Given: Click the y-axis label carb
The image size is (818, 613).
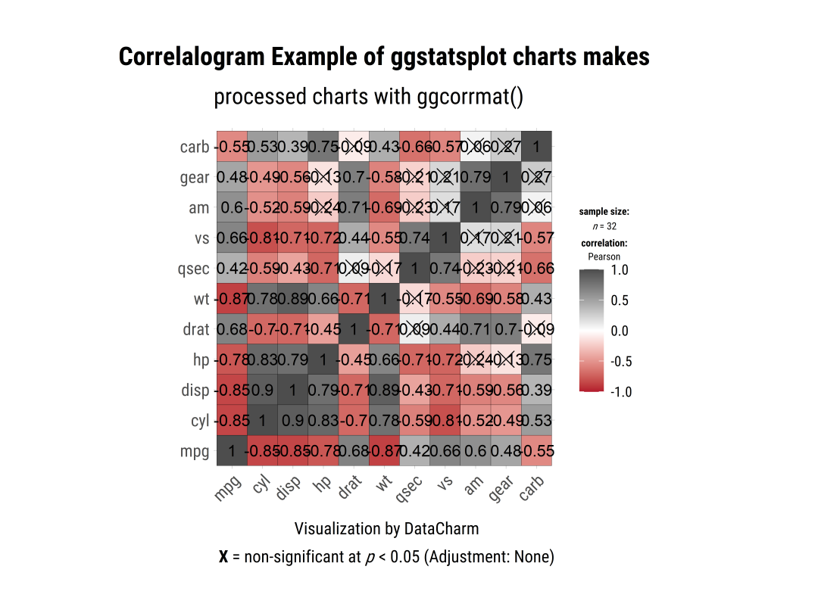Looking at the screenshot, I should [195, 147].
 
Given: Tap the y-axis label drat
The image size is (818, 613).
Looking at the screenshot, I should [195, 329].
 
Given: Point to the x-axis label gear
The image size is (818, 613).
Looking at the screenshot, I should [501, 490].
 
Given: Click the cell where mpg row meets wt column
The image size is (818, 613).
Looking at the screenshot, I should [384, 452].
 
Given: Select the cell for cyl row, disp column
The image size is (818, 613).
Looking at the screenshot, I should [292, 421].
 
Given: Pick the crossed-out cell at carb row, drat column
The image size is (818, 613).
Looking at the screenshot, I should [354, 147].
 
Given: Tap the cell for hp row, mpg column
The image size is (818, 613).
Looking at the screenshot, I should [232, 360].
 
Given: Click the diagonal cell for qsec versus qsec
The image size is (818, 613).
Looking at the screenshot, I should [414, 269].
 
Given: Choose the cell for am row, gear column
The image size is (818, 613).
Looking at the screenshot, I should [506, 207].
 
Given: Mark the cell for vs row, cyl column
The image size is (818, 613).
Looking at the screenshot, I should [262, 238].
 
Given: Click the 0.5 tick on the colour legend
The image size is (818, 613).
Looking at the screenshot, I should [620, 300].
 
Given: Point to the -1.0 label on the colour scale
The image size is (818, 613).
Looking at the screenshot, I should [620, 392].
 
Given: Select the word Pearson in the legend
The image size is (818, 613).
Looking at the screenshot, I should [604, 257].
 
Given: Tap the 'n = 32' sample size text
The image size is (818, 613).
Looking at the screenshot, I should [604, 226].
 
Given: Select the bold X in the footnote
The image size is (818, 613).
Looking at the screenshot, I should [223, 558].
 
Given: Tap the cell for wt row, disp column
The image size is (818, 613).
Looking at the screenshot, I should [292, 299].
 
